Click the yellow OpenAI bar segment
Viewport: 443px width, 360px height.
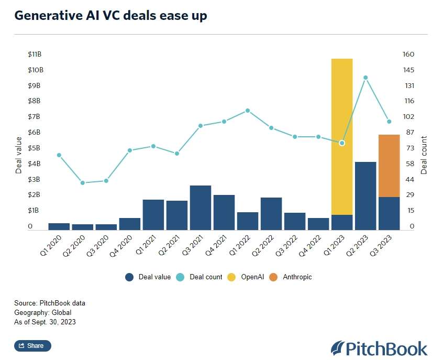pos(342,136)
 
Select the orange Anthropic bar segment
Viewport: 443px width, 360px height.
pos(389,166)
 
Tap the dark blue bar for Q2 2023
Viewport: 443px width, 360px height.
pos(366,195)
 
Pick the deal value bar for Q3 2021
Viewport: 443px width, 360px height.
pos(201,208)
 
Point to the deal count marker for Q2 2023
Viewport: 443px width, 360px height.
pos(366,78)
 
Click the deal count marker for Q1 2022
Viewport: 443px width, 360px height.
pos(248,111)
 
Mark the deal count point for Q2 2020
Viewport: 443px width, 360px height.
pos(83,183)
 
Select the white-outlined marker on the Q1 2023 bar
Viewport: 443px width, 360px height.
pos(342,143)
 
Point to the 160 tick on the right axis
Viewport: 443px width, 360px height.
pos(408,54)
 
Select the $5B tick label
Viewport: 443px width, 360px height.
pos(35,148)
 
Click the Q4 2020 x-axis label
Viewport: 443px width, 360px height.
pos(124,244)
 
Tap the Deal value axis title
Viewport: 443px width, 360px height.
pos(19,155)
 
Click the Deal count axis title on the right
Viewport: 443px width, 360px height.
pos(424,155)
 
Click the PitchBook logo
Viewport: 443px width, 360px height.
pos(379,348)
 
